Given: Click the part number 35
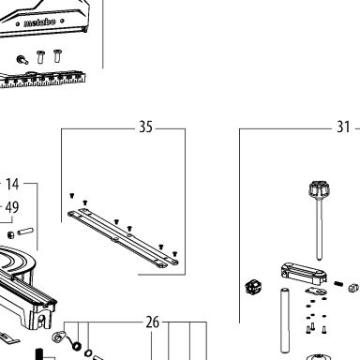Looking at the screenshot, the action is (145, 127).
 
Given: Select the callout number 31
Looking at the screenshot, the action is (343, 127).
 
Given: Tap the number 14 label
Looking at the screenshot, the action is (12, 184).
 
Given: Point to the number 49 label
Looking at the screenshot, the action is (12, 207).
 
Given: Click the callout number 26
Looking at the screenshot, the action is (153, 322).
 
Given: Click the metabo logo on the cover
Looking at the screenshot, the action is (39, 22).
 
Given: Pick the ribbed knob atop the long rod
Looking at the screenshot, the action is (319, 188).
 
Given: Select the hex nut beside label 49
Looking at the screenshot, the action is (10, 234).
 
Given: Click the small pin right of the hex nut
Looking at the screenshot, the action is (25, 232).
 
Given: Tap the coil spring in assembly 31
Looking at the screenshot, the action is (338, 284).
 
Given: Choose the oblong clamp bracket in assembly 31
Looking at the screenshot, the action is (303, 274).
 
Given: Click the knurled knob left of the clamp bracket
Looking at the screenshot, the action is (253, 287).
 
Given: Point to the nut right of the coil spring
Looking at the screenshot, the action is (353, 287).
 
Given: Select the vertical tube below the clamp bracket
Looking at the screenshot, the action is (284, 321).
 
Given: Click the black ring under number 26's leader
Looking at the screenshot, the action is (77, 346).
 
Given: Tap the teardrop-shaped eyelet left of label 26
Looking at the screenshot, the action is (58, 337).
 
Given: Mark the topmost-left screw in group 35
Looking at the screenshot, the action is (72, 196).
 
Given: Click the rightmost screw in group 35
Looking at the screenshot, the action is (174, 254).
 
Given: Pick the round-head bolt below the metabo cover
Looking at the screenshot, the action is (22, 59).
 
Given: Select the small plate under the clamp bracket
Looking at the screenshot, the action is (316, 292).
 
